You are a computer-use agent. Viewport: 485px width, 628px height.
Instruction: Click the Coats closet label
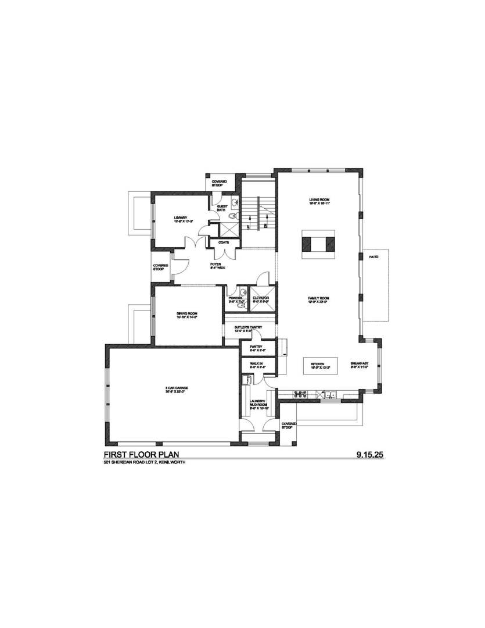pos(224,242)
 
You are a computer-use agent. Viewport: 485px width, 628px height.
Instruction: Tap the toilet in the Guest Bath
pos(233,215)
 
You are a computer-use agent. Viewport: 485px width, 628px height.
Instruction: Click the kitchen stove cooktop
pos(301,394)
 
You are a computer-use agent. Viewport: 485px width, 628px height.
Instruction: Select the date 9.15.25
pos(370,454)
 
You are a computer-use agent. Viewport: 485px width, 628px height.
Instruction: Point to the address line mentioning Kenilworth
pos(144,462)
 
